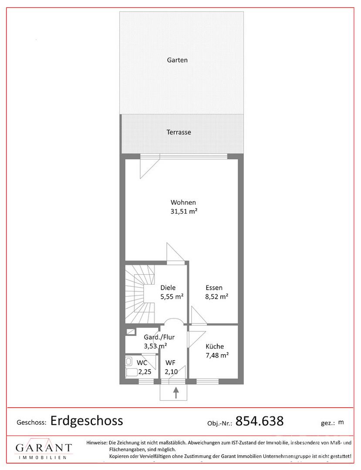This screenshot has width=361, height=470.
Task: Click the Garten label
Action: coord(177,60)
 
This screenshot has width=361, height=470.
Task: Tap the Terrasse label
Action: coord(179,132)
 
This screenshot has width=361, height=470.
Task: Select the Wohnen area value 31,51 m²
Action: coord(184,211)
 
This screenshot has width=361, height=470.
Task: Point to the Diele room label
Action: coord(168,288)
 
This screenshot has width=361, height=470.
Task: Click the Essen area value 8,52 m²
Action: coord(217,297)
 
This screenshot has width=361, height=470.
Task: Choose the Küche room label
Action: coord(215,346)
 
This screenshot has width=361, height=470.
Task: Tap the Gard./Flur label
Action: coord(159,337)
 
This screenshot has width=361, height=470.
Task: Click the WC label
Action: coord(142,363)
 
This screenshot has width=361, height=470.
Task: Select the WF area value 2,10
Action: coord(171,372)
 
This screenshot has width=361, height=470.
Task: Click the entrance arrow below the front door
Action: coord(175,393)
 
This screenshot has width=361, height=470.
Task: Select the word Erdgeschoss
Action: coord(87,421)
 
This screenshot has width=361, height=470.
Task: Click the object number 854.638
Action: coord(260,421)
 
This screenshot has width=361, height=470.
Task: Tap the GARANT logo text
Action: coord(44,448)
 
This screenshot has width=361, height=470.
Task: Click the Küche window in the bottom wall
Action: coord(207,382)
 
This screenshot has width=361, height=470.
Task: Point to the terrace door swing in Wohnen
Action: coord(150,168)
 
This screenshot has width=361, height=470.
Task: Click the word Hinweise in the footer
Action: coord(97,443)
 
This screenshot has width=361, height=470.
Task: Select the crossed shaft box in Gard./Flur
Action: coord(131,332)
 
